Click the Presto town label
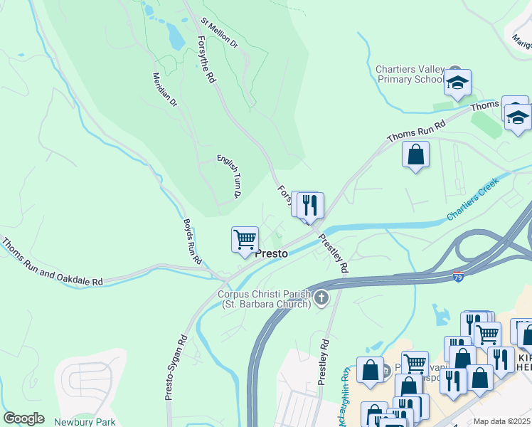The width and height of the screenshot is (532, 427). tap(271, 253)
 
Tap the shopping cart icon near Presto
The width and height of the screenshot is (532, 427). tap(245, 240)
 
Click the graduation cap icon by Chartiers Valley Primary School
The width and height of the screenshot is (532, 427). tap(457, 83)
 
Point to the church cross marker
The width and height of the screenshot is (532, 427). tap(321, 297)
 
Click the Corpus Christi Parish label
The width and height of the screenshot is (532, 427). tap(265, 299)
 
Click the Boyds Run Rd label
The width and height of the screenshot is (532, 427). tap(188, 238)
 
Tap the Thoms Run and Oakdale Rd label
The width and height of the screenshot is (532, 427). tap(51, 262)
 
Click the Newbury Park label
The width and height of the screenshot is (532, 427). tap(85, 421)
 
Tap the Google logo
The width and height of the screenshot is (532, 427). tap(23, 418)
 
